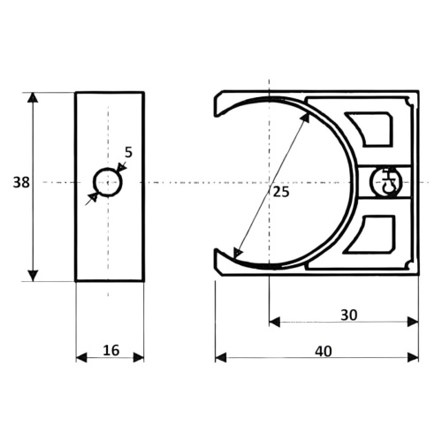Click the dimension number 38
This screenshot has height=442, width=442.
21,182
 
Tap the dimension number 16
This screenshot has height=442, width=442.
111,350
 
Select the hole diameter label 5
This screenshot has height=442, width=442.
129,152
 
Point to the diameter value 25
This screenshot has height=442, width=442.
281,192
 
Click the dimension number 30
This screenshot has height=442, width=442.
349,315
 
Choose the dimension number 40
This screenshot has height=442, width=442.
324,351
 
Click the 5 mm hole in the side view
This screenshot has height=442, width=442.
108,182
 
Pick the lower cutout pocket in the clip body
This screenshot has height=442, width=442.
370,234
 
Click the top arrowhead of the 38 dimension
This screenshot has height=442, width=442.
33,97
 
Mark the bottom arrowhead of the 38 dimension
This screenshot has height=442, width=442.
33,276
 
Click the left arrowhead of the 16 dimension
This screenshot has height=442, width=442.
81,357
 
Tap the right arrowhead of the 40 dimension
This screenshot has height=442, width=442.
413,357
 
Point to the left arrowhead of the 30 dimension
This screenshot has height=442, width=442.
275,322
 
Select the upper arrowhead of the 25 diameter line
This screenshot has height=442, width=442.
305,118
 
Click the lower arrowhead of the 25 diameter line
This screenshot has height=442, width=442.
237,253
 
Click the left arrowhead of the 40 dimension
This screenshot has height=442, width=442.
221,357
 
